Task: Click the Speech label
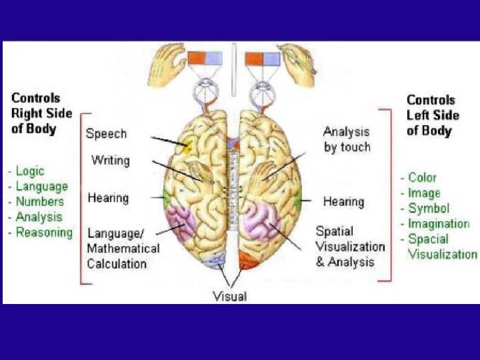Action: point(106,133)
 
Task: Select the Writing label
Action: point(110,161)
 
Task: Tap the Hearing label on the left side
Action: point(108,198)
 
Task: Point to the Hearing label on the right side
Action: point(343,201)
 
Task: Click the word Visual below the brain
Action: point(229,296)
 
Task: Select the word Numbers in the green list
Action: point(40,201)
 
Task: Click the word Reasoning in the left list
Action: point(44,232)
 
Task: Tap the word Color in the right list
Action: point(422,177)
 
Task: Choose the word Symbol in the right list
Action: point(429,208)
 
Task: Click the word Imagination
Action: point(438,223)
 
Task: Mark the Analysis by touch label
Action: point(347,139)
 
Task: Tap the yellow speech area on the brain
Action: point(188,144)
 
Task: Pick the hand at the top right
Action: point(297,59)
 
